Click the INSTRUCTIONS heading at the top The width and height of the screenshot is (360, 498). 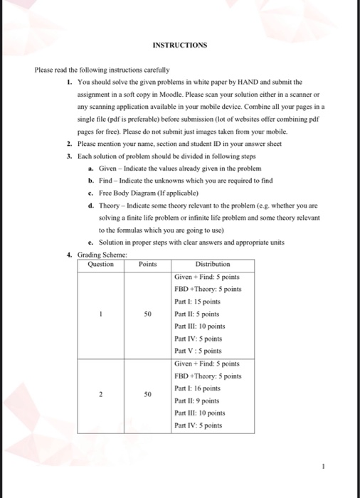tap(180, 46)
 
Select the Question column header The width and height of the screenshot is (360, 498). tap(100, 263)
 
